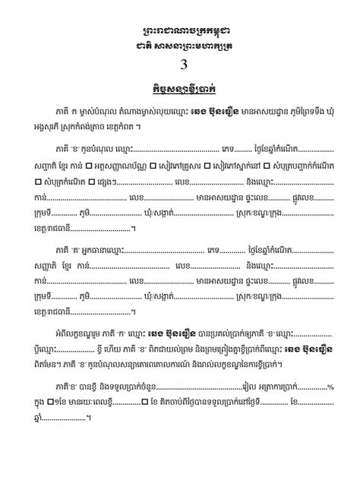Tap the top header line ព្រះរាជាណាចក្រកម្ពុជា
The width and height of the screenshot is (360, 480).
(x=180, y=30)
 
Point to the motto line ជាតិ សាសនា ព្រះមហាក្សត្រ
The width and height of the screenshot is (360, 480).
(x=180, y=44)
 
